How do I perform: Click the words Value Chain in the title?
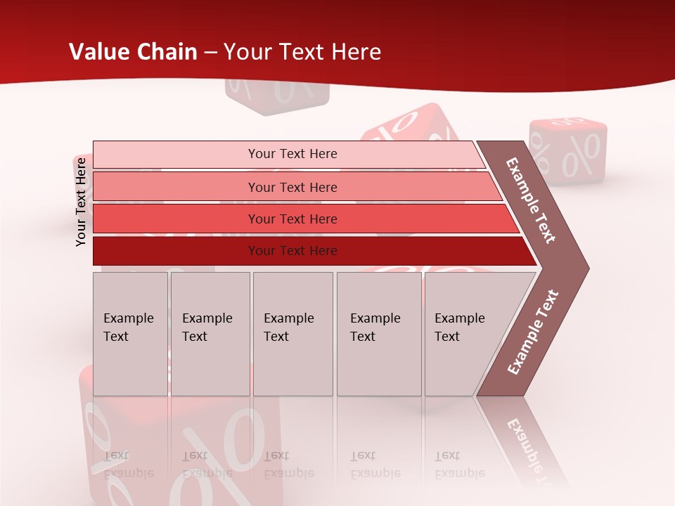click(133, 52)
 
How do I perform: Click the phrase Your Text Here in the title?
click(302, 52)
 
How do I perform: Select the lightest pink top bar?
click(292, 154)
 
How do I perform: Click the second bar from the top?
click(292, 187)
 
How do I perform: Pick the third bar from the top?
click(292, 219)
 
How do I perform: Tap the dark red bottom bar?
click(292, 251)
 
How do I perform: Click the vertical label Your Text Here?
click(81, 202)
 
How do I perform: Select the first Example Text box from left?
click(130, 334)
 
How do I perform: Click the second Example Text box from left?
click(210, 334)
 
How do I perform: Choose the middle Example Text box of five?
click(292, 334)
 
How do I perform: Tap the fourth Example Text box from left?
click(378, 334)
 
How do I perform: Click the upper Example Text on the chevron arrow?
click(532, 200)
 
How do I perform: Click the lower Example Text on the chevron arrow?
click(533, 332)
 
